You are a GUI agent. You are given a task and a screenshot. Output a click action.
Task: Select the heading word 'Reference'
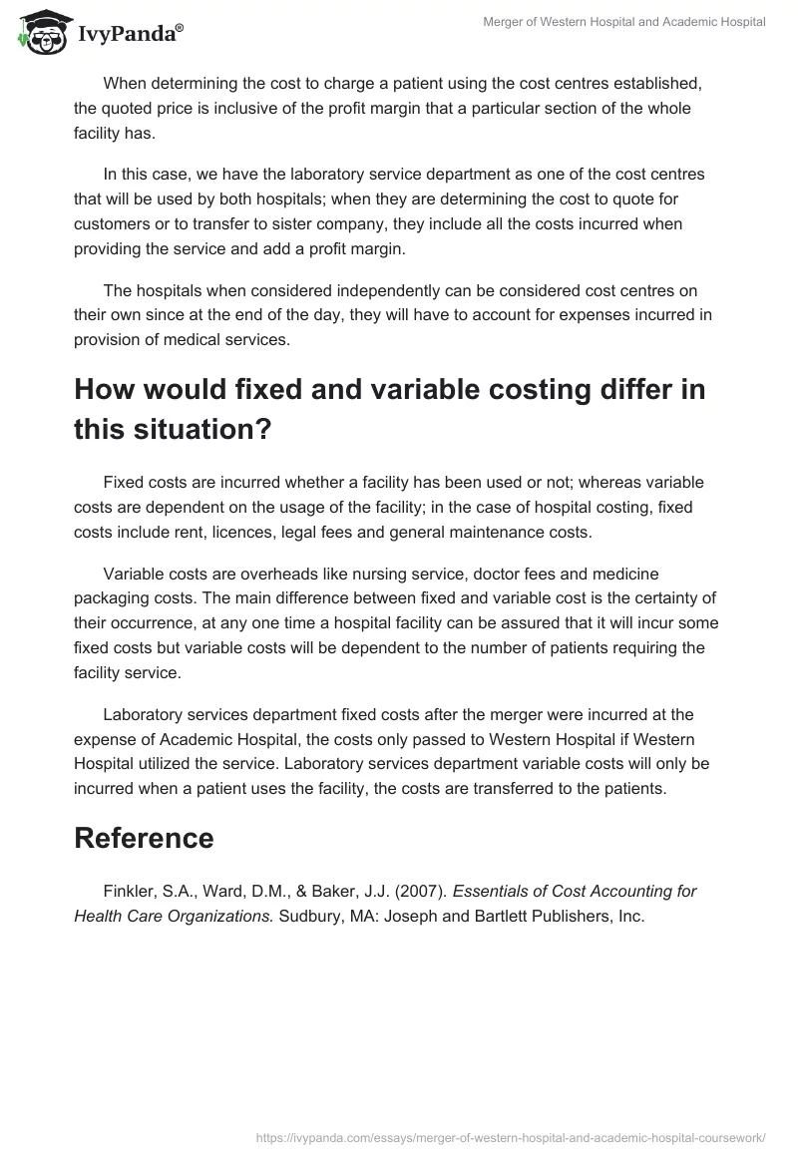coord(144,838)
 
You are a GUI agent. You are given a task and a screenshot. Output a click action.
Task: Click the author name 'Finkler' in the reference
coord(129,891)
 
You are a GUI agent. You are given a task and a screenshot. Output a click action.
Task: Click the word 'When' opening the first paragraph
coord(123,83)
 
